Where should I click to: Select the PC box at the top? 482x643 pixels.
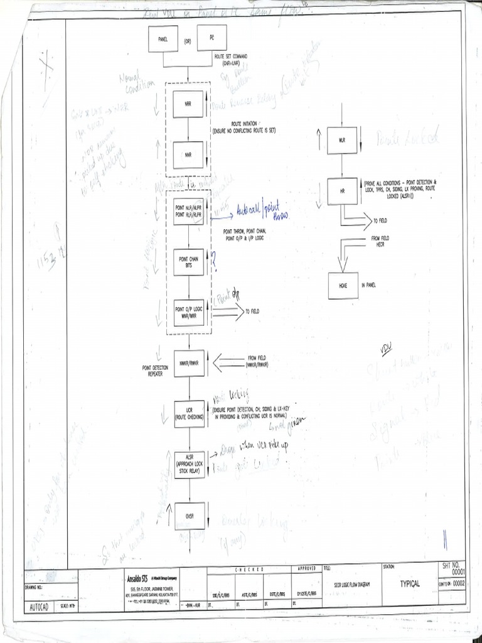(212, 38)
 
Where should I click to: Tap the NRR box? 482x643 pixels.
(188, 104)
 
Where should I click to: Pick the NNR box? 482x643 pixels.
(188, 152)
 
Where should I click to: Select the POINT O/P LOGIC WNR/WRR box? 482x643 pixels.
(189, 312)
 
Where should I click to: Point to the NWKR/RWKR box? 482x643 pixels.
(189, 363)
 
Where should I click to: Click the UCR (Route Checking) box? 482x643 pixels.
(189, 414)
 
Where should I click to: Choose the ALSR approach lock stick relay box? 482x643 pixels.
(189, 465)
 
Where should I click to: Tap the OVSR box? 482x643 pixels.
(189, 516)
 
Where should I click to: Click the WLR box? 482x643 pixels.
(342, 139)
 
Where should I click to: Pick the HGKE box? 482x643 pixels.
(343, 286)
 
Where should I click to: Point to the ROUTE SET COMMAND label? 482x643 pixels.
(230, 59)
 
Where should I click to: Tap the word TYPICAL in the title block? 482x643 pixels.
(410, 583)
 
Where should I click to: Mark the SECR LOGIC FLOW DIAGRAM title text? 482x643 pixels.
(352, 584)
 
